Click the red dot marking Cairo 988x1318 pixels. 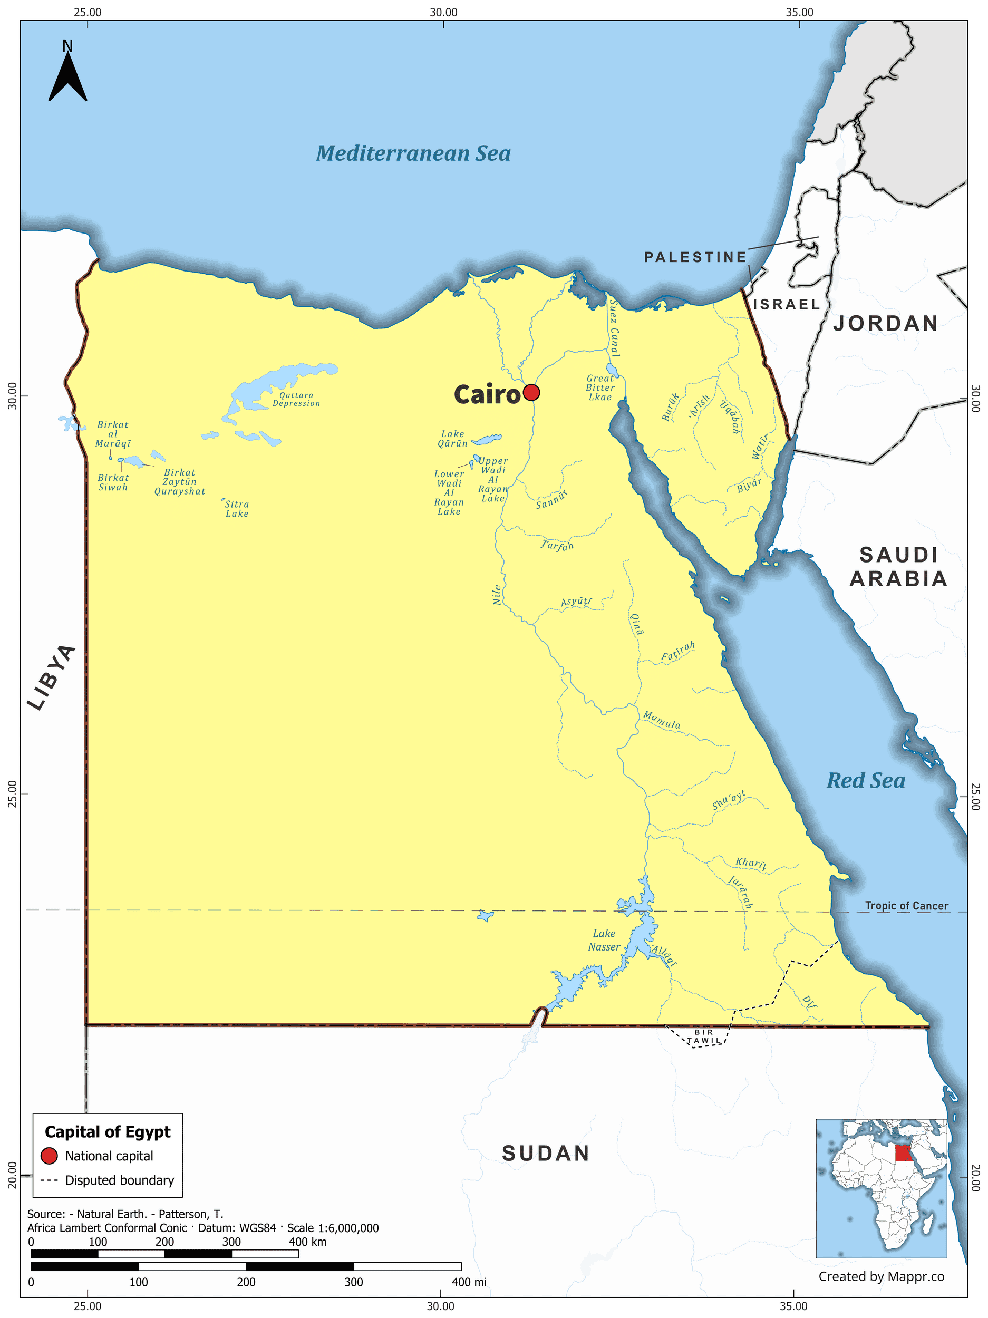[x=531, y=393]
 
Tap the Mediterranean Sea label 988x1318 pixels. [x=413, y=154]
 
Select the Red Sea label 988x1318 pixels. [x=865, y=781]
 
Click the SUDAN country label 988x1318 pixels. [x=545, y=1154]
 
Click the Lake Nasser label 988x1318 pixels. [x=604, y=939]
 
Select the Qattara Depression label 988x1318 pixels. [x=296, y=399]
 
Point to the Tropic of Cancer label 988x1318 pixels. [x=906, y=906]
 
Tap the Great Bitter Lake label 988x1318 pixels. [x=599, y=387]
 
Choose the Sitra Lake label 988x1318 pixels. [x=237, y=509]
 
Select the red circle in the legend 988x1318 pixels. [x=49, y=1156]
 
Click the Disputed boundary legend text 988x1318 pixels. [x=119, y=1180]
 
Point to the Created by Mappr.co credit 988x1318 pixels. [x=881, y=1276]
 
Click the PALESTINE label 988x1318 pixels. [x=695, y=257]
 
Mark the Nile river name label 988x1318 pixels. [x=497, y=595]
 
